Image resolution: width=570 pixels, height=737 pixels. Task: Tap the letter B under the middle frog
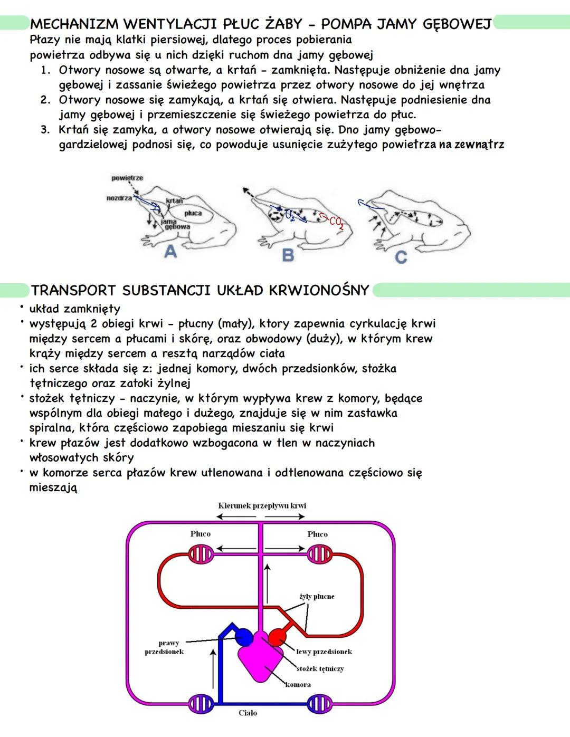288,255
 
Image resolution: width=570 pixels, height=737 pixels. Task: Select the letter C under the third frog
401,257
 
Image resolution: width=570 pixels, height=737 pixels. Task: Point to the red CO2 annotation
336,223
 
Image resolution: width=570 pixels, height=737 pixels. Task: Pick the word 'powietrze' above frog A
127,178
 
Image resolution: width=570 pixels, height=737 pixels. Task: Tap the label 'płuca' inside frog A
193,213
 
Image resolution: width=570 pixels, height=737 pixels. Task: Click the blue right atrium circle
244,637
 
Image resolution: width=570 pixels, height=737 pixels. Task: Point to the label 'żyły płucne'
317,597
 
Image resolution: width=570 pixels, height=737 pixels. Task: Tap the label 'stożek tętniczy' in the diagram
320,668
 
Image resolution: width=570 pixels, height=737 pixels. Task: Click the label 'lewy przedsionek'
324,652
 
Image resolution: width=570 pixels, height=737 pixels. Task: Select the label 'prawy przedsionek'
165,647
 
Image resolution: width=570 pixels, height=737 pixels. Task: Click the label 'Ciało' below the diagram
248,713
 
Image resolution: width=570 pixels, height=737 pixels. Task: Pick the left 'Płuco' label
201,534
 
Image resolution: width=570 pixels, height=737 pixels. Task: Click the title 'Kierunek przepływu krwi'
262,505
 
